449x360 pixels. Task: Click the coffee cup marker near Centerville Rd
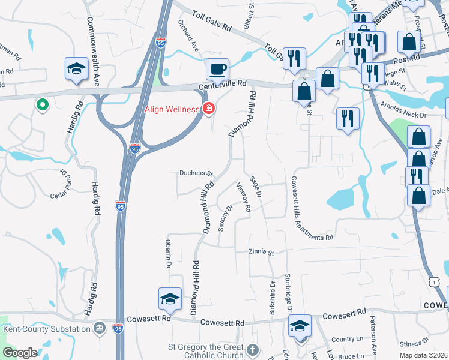coord(217,69)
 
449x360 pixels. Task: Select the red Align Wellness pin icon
coord(209,109)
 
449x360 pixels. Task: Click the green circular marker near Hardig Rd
coord(42,105)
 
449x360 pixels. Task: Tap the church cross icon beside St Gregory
coord(253,349)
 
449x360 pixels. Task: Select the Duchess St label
coord(196,173)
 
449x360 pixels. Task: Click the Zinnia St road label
coord(262,253)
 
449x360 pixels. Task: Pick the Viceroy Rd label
coord(243,197)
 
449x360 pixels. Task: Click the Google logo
coord(20,353)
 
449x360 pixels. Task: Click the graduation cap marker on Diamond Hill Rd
coord(170,299)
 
